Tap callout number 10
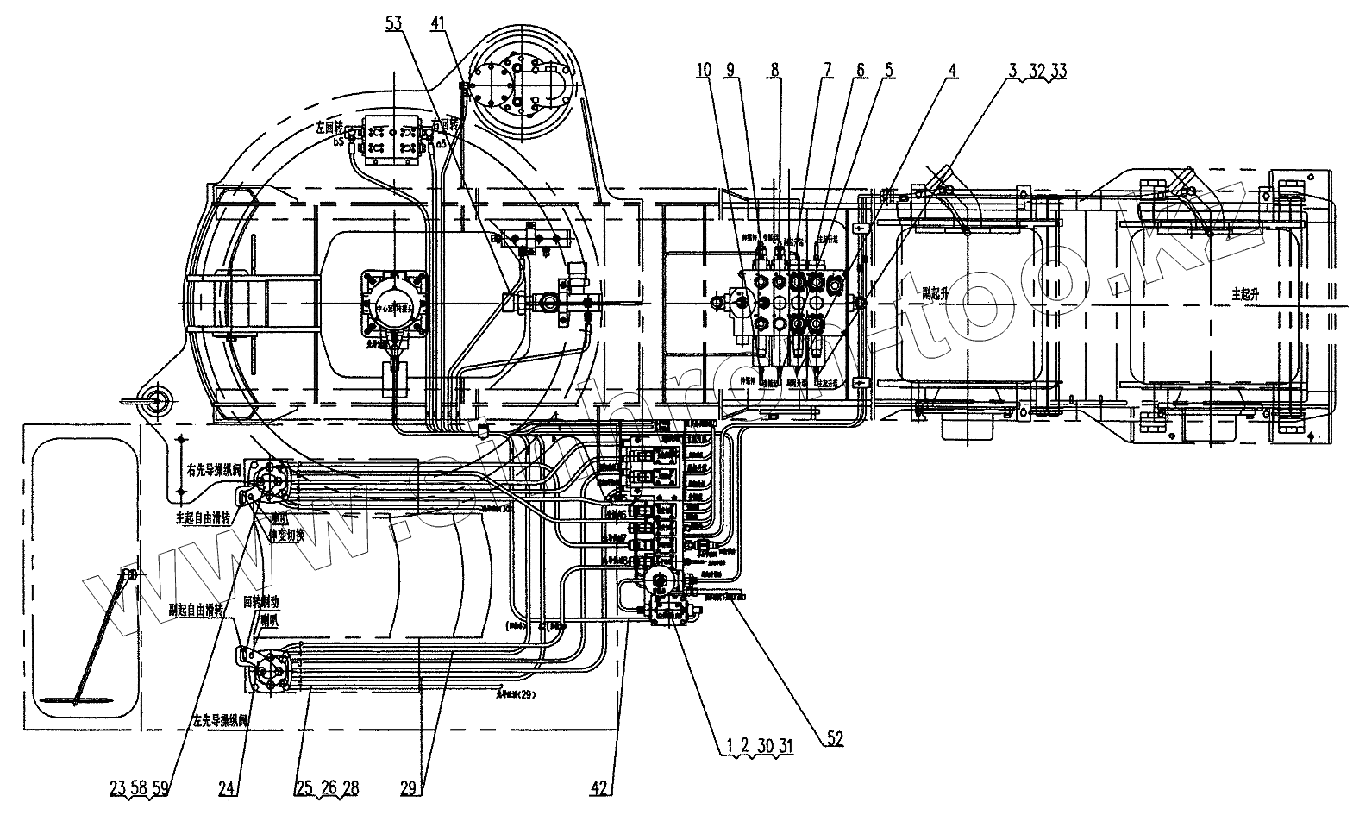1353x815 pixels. pyautogui.click(x=705, y=72)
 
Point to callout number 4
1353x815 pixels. pyautogui.click(x=951, y=72)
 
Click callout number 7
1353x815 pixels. pyautogui.click(x=826, y=72)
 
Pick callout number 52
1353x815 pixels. pyautogui.click(x=834, y=738)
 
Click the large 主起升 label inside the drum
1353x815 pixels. pyautogui.click(x=1246, y=293)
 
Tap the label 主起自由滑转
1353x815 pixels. pyautogui.click(x=204, y=517)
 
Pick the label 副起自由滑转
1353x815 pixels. pyautogui.click(x=197, y=610)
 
